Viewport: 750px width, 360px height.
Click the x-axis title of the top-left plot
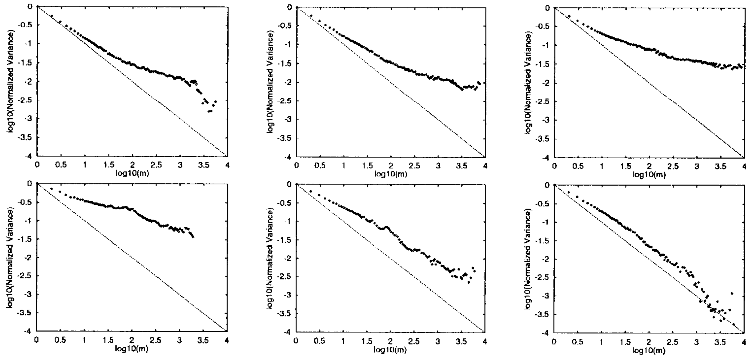(132, 173)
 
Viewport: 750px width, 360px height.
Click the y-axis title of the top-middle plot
(270, 82)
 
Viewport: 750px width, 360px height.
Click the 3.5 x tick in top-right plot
(720, 167)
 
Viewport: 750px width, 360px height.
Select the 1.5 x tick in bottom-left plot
(108, 340)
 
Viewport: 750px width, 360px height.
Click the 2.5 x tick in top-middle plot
(414, 166)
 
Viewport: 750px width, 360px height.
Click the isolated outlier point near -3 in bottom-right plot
(732, 293)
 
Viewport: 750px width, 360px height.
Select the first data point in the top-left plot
(52, 16)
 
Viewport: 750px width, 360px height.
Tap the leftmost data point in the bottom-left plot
(51, 189)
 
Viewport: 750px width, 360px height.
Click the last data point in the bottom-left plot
(194, 237)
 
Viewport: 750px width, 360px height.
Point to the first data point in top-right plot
(569, 16)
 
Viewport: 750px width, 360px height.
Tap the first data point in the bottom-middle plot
(311, 191)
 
